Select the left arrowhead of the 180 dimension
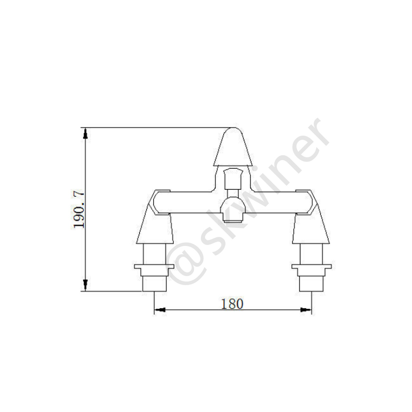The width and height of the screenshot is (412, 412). [x=160, y=310]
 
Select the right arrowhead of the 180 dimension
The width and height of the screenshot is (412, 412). [x=306, y=310]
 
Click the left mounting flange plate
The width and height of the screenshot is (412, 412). [x=154, y=266]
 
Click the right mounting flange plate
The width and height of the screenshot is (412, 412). [x=312, y=266]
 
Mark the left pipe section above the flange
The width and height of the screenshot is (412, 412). [x=154, y=254]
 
